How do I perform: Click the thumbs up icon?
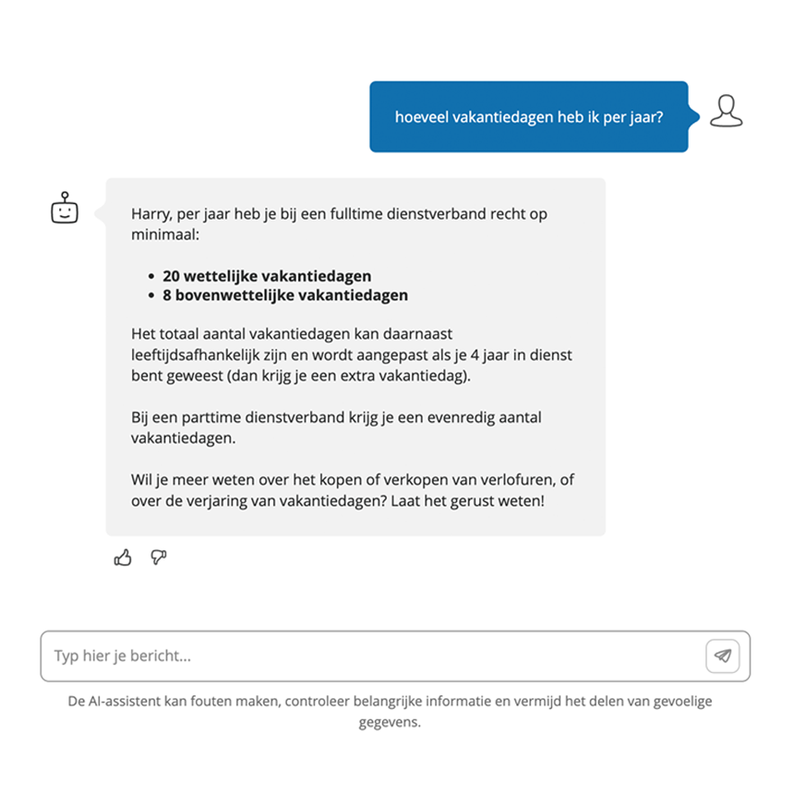click(x=123, y=558)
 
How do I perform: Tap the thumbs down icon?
click(x=159, y=557)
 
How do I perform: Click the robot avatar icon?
click(x=65, y=210)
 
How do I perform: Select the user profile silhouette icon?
click(x=727, y=112)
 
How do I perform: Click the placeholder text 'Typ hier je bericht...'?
click(x=123, y=656)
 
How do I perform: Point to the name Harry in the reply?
click(x=150, y=214)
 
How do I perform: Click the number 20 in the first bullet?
click(x=171, y=276)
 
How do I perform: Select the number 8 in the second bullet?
click(x=167, y=295)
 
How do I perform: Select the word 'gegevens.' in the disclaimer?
click(x=390, y=722)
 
